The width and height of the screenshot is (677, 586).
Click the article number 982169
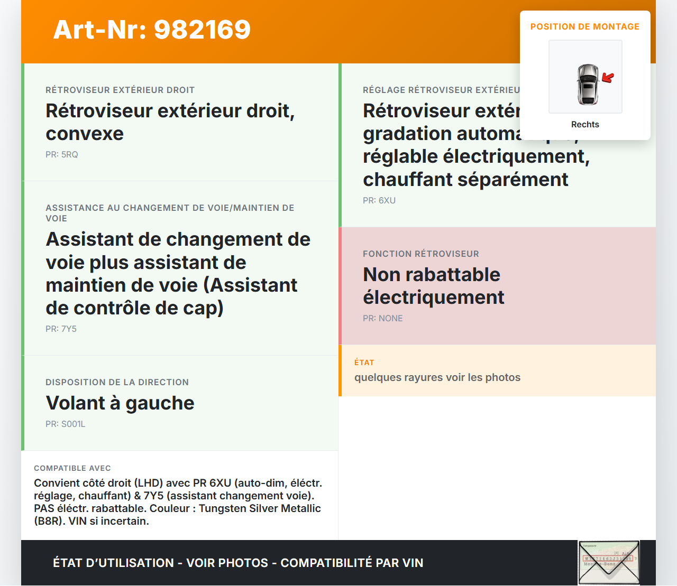pos(203,30)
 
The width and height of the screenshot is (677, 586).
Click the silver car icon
pos(587,85)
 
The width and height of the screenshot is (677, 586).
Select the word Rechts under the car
pos(585,124)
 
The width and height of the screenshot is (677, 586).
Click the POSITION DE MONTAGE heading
pos(585,26)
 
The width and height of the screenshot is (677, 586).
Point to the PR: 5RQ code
pos(62,154)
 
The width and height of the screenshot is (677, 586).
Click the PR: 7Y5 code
pos(61,329)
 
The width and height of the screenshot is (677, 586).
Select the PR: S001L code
pos(66,424)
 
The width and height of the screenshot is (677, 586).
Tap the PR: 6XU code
pos(379,200)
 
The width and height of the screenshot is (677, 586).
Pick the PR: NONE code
pos(383,318)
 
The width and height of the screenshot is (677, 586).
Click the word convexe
pos(85,134)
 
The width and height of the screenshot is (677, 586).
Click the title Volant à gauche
pos(120,403)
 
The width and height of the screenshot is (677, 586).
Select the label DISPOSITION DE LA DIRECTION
pos(117,382)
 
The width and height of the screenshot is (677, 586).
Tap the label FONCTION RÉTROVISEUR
pos(421,254)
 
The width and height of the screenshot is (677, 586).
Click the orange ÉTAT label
pos(364,362)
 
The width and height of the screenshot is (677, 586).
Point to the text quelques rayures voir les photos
pos(437,377)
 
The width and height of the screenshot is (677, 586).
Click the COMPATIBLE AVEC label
pos(72,468)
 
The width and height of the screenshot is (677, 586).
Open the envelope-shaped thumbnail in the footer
pos(609,563)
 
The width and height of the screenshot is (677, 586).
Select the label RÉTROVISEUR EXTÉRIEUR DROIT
pos(120,90)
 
